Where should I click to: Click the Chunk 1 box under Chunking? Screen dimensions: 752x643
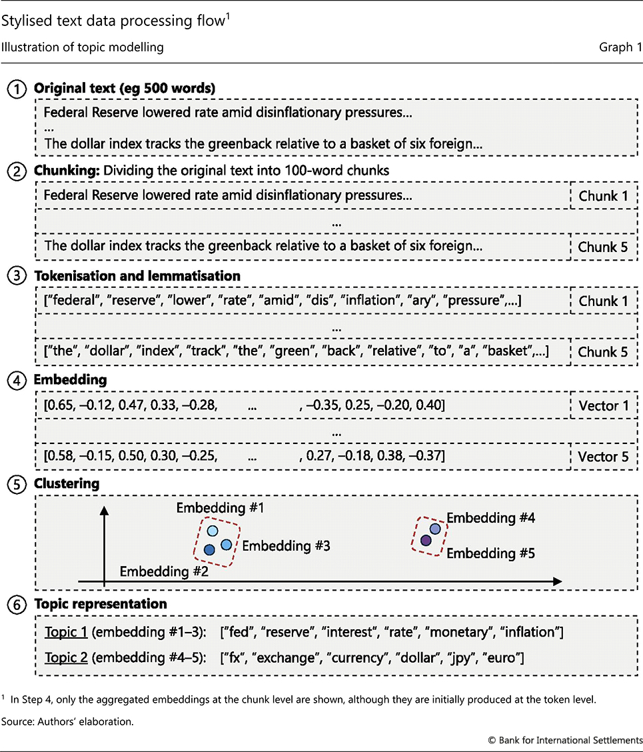tap(602, 196)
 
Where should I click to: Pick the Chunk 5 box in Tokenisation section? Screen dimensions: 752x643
tap(602, 351)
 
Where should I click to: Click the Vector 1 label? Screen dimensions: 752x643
tap(602, 405)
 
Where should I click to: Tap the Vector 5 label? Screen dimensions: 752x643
tap(602, 457)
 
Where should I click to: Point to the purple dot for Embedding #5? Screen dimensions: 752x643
tap(426, 540)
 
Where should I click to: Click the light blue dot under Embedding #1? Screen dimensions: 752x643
tap(213, 531)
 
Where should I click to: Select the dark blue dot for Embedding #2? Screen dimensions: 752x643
tap(209, 550)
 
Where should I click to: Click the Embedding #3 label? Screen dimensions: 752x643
tap(286, 546)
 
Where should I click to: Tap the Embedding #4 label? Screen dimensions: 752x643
tap(490, 518)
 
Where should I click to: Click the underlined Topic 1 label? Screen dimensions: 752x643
tap(66, 632)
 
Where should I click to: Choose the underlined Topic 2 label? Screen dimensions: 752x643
tap(66, 658)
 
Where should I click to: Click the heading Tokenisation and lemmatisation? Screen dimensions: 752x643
tap(137, 275)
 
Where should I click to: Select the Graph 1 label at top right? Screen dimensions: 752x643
tap(620, 47)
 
